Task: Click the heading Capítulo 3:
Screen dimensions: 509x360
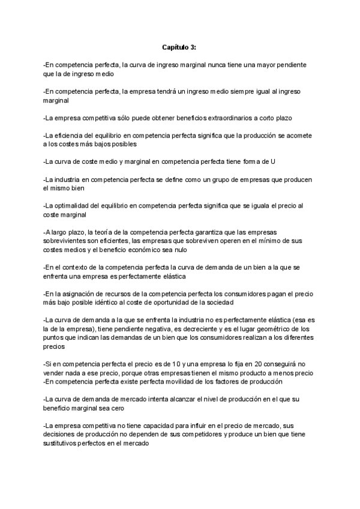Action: pos(179,46)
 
